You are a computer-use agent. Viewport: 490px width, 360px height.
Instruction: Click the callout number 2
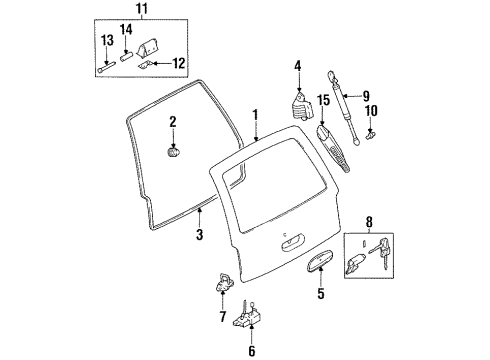point(173,121)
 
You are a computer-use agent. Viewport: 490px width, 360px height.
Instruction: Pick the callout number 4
point(297,67)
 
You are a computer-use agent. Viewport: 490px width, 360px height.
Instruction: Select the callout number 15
point(323,101)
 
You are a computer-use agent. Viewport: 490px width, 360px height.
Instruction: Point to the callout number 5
point(320,295)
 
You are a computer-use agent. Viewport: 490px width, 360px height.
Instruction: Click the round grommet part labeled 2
point(173,154)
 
